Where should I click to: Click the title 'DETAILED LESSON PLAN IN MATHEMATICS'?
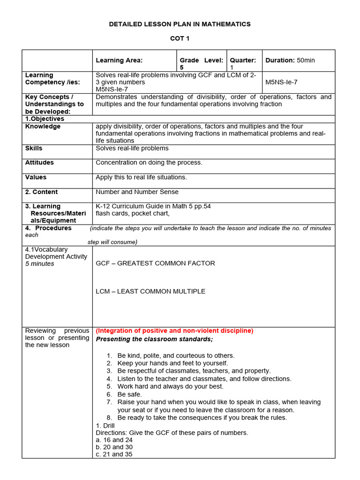point(180,24)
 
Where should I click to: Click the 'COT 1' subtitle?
point(180,38)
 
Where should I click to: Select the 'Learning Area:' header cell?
point(119,60)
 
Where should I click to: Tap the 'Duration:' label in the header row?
point(280,60)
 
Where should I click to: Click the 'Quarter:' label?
point(243,60)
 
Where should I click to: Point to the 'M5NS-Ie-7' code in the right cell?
point(281,82)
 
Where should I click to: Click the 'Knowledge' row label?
point(43,127)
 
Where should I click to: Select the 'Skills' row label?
point(34,148)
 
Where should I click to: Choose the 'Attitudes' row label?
point(39,163)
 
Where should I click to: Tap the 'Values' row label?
point(36,177)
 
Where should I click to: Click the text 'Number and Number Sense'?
point(137,192)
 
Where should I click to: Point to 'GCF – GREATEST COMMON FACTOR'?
point(155,263)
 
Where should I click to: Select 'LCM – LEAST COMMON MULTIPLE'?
point(150,292)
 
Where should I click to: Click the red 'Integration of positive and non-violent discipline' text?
point(174,330)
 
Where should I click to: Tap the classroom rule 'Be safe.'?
point(130,394)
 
